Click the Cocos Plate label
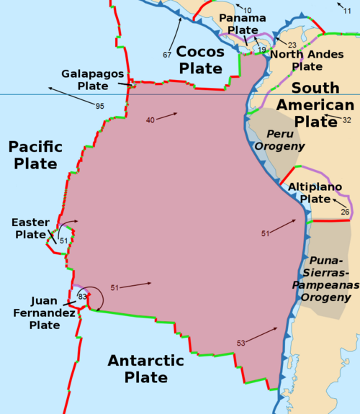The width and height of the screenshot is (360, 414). point(199,60)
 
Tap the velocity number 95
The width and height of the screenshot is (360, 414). point(99,107)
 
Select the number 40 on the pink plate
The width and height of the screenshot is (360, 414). point(150,120)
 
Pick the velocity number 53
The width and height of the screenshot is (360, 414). point(241,343)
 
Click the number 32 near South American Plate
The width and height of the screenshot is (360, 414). point(346,120)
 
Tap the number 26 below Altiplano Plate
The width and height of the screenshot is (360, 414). point(345,212)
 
